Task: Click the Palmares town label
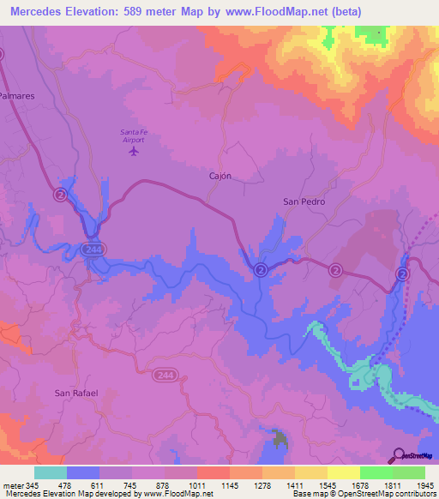pos(16,97)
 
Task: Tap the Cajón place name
pos(220,175)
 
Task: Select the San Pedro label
pos(304,201)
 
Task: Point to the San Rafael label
pos(76,393)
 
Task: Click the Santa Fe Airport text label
pos(133,135)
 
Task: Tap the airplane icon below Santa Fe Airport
pos(133,152)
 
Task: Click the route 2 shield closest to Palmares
pos(60,195)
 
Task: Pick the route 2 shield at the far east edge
pos(401,273)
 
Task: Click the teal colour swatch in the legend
pos(51,472)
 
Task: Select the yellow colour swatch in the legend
pos(343,472)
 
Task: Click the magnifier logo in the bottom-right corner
pos(398,455)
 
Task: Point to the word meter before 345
pos(13,485)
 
